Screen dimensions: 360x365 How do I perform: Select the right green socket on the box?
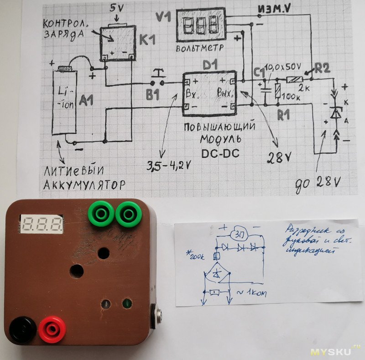coord(129,214)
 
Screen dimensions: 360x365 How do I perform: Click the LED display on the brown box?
coord(42,223)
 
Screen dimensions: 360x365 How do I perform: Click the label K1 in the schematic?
coord(147,40)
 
